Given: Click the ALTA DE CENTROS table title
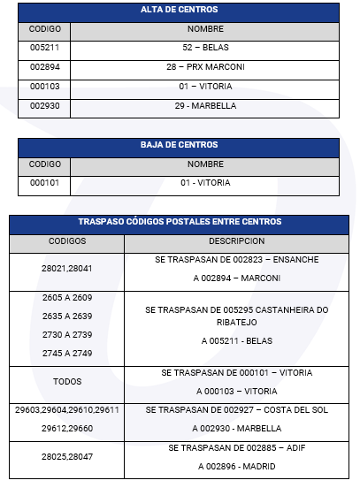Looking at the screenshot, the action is (x=180, y=10).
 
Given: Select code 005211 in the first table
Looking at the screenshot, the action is (x=44, y=49).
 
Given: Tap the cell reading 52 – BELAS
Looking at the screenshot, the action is (x=205, y=49).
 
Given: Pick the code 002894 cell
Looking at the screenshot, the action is (x=44, y=67).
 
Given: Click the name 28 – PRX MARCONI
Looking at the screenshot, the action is (x=205, y=67).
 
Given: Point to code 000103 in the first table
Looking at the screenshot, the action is (x=44, y=87).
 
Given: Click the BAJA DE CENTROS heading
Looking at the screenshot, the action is (x=180, y=145).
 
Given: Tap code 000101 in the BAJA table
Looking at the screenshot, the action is (x=44, y=183).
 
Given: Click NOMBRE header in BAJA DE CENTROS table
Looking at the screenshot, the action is (x=205, y=164).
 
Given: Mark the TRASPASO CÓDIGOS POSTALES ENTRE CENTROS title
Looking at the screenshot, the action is (x=180, y=222).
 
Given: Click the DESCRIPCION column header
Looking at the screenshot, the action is (x=236, y=240).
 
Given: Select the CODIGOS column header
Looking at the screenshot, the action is (x=67, y=240).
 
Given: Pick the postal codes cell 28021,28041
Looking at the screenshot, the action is (x=67, y=268).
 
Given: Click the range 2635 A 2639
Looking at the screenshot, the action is (x=67, y=316).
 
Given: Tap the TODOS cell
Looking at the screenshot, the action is (x=67, y=382).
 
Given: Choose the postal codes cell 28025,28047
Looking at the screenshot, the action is (x=67, y=458).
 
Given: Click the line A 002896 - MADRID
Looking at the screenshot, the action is (x=236, y=467).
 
